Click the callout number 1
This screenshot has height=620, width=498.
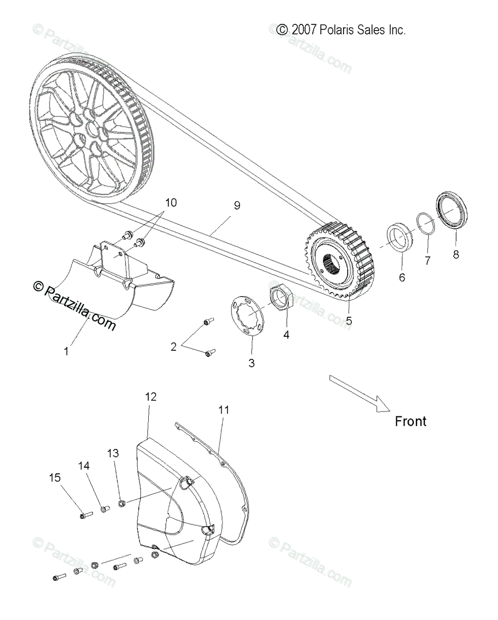(66, 351)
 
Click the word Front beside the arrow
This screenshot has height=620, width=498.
(411, 421)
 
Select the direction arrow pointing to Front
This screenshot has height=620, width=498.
(361, 395)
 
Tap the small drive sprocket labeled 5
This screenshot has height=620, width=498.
(341, 258)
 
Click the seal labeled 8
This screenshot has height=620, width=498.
(453, 210)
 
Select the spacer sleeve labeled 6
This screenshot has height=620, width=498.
(400, 235)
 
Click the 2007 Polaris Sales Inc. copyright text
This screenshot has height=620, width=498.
(341, 30)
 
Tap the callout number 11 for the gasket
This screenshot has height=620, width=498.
(223, 410)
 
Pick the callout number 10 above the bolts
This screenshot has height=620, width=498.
(170, 203)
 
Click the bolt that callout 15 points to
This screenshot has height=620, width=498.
(86, 514)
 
